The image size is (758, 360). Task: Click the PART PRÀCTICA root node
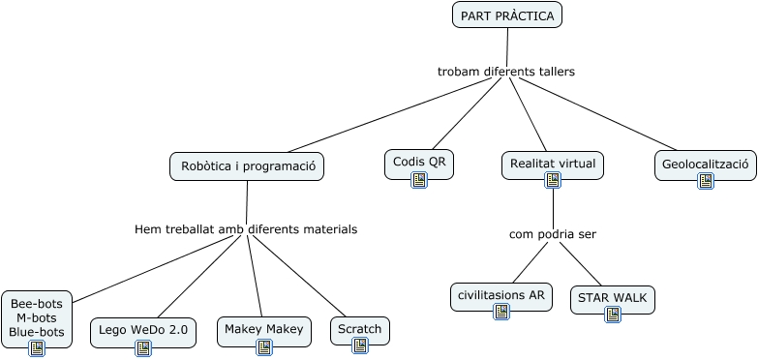point(506,15)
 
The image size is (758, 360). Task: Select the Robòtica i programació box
point(247,166)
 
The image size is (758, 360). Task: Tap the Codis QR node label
point(419,161)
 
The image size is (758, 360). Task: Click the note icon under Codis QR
point(419,180)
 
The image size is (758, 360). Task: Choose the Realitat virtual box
point(552,163)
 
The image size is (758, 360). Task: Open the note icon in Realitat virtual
point(553,180)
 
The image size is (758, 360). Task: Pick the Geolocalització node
point(705,164)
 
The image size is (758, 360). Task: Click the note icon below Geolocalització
point(706,181)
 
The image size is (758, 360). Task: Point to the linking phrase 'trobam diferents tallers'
point(505,72)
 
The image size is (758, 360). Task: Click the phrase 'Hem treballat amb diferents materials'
point(246,229)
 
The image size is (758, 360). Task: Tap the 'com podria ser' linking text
point(553,234)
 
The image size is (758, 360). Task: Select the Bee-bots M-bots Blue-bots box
point(37,317)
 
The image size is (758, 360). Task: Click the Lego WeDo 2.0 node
point(143,330)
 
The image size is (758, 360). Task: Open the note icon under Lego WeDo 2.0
point(143,348)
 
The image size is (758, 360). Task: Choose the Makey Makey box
point(263,329)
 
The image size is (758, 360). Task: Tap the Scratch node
point(360,329)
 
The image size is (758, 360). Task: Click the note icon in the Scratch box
point(360,345)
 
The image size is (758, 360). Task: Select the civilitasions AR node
point(500,294)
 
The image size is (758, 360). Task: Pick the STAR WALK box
point(612,297)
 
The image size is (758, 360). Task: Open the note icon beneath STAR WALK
point(613,315)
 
